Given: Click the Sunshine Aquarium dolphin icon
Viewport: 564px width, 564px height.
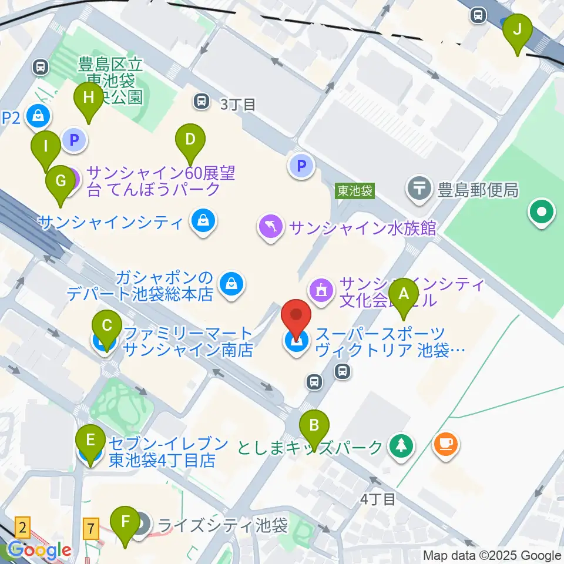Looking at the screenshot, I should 271,227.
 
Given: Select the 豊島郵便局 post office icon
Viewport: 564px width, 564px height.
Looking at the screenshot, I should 419,189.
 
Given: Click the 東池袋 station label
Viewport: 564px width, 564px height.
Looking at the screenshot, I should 355,191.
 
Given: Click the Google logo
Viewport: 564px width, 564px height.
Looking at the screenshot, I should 39,550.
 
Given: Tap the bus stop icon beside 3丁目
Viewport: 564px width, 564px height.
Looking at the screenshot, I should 202,102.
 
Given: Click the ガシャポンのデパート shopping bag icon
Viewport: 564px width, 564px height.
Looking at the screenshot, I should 229,285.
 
